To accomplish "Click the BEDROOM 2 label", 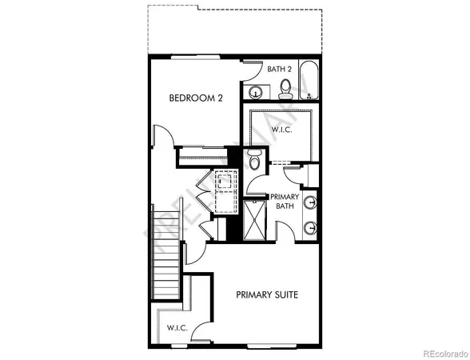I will pyautogui.click(x=195, y=98).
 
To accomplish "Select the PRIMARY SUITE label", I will pyautogui.click(x=267, y=294).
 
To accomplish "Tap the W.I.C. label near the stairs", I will pyautogui.click(x=177, y=328).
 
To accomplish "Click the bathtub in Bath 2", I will pyautogui.click(x=309, y=81).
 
